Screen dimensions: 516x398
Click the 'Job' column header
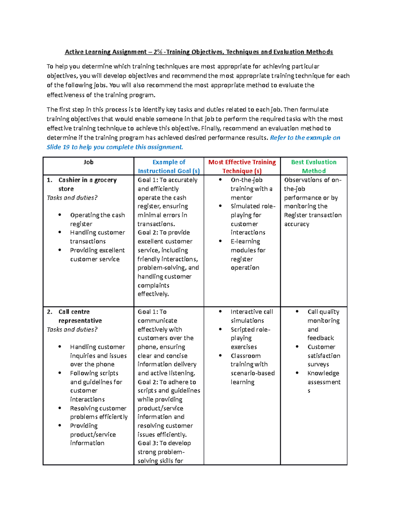coord(88,162)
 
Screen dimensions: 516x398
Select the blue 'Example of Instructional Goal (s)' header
coord(168,166)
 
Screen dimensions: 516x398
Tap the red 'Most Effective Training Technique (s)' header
coord(242,166)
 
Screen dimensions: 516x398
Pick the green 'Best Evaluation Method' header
coord(313,166)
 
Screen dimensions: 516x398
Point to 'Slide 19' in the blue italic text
coord(58,147)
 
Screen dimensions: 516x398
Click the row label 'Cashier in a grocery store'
coord(87,184)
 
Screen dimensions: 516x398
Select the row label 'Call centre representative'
coord(80,316)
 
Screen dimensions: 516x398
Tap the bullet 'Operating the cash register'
coord(97,220)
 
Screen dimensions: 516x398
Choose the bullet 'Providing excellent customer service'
coord(97,255)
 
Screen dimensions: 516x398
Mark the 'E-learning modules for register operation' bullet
coord(248,255)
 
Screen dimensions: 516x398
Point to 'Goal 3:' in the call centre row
coord(148,443)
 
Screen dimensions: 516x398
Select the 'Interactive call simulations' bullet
coord(251,316)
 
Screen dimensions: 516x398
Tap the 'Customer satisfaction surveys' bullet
coord(323,356)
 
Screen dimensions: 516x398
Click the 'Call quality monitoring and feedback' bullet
coord(323,325)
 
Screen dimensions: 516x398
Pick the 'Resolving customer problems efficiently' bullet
coord(99,413)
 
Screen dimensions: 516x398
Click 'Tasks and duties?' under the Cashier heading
coord(72,198)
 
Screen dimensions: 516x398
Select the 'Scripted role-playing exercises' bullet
coord(250,338)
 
